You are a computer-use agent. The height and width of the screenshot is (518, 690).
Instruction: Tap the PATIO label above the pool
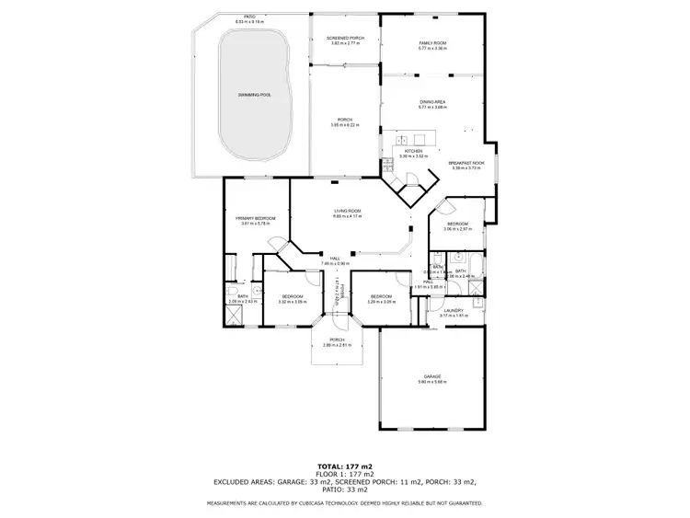[x=243, y=17]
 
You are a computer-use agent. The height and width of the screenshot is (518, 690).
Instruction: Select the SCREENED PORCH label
[x=344, y=38]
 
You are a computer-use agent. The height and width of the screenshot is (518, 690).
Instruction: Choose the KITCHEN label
[x=413, y=151]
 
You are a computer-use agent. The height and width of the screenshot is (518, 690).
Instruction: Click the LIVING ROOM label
[x=347, y=212]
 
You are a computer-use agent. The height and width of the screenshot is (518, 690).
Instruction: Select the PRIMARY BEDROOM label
[x=253, y=218]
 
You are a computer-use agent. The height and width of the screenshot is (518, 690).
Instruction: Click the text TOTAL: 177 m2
[x=345, y=466]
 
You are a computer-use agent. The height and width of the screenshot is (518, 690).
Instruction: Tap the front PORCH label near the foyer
[x=337, y=341]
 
